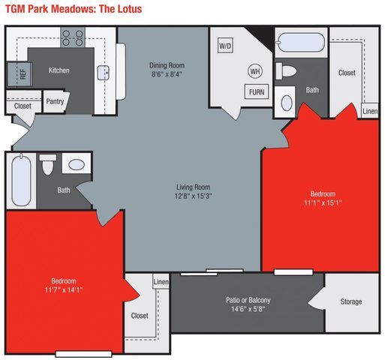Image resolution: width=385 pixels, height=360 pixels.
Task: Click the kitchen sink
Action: (104, 72)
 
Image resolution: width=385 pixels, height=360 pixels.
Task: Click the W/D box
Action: (225, 46)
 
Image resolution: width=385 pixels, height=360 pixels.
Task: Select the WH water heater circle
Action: (255, 71)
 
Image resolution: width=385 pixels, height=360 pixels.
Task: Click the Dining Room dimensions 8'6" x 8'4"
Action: (166, 74)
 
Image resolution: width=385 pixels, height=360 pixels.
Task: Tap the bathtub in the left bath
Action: (22, 179)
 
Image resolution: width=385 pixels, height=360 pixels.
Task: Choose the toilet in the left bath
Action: (48, 163)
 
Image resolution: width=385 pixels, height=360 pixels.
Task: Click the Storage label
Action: (351, 301)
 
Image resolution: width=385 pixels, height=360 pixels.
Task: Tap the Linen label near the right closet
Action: (370, 111)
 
